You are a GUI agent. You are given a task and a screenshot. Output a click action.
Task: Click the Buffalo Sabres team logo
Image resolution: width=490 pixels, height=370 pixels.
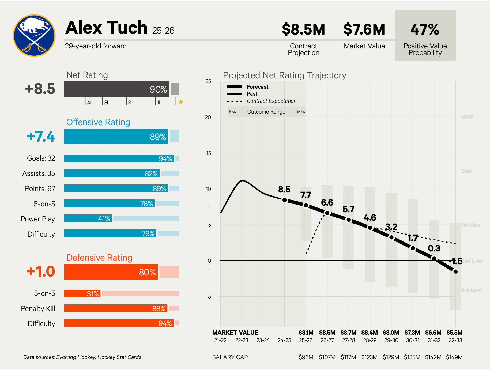34,35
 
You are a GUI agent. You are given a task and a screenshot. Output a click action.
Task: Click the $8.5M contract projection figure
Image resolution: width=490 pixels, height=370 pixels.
303,29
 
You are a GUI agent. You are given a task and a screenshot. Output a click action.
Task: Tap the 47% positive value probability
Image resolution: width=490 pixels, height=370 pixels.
425,29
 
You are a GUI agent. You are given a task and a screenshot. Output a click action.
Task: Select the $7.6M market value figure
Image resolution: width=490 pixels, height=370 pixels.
364,29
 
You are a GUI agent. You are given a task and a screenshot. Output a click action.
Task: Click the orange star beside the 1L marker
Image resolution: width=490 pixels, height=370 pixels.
181,102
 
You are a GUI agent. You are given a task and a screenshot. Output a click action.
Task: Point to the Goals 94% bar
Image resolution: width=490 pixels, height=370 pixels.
119,158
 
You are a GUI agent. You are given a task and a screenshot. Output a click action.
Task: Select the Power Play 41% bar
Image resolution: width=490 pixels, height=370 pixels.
88,218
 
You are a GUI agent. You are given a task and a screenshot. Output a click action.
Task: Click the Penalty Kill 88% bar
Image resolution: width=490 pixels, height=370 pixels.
116,308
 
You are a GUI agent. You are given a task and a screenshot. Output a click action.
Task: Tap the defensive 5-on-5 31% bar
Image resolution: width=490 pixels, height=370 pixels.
82,294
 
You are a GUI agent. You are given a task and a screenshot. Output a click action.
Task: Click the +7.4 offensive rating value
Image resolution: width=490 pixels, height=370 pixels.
41,137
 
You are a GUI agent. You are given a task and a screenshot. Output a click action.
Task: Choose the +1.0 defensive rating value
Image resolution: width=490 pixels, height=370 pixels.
41,271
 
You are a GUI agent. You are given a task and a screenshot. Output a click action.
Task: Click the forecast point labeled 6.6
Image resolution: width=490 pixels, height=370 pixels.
327,213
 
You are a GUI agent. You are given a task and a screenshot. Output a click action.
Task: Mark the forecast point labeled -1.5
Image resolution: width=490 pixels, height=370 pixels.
455,272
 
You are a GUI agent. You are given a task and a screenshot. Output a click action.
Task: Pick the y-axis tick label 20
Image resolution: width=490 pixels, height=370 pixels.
208,117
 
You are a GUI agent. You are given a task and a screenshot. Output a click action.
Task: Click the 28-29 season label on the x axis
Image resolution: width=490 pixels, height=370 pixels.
370,340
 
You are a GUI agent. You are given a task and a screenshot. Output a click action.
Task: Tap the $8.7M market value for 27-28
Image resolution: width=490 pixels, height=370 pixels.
348,333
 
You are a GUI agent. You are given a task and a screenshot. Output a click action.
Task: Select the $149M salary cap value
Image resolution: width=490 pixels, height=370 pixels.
454,357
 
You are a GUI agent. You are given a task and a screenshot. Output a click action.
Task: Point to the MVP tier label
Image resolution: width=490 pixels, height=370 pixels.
467,117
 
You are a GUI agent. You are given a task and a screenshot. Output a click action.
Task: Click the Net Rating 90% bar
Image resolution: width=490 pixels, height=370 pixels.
116,89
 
